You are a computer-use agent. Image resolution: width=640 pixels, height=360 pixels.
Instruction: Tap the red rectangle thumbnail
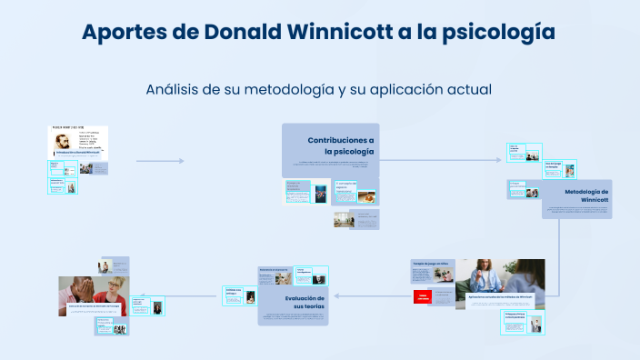point(423,296)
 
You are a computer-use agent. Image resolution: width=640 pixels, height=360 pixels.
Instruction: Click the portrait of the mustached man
point(64,142)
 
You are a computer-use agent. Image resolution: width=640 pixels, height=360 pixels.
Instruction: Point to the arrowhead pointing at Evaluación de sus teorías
point(336,295)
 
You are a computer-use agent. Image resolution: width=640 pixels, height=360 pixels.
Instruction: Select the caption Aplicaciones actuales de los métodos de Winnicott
point(500,297)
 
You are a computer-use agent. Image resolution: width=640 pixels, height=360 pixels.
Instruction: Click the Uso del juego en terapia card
point(552,165)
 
